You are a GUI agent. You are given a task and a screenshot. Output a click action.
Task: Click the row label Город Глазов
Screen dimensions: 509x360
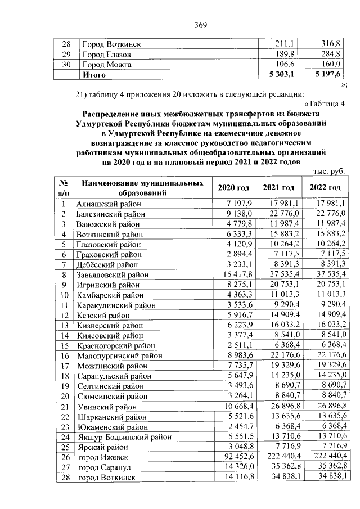pos(107,55)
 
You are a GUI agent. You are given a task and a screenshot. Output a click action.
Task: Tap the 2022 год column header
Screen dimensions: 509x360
pos(325,188)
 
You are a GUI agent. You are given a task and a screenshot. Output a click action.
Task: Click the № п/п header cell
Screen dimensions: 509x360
pos(65,188)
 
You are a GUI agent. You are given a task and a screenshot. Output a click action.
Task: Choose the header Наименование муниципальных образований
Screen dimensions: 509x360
pos(142,188)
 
